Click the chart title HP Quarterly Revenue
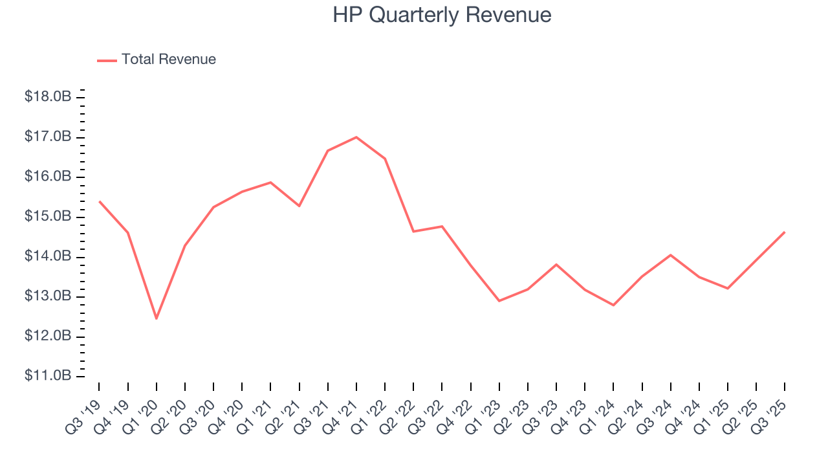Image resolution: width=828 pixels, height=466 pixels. click(x=442, y=15)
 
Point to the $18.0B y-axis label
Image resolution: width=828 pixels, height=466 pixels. click(x=48, y=97)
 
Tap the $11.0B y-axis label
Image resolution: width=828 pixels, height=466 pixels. click(x=48, y=376)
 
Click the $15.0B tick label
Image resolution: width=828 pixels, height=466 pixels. click(x=48, y=217)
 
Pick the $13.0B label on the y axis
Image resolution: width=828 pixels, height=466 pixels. click(x=48, y=296)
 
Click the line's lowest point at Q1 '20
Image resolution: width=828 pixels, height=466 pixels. click(x=157, y=318)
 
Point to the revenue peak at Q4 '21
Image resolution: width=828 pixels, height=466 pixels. click(x=356, y=137)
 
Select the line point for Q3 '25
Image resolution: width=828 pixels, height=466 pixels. click(x=785, y=232)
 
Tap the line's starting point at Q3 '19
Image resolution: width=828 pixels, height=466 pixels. click(x=99, y=201)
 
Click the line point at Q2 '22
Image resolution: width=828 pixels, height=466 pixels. click(x=413, y=231)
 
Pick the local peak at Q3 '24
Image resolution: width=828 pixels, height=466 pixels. click(x=671, y=255)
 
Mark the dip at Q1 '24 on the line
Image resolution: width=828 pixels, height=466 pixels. click(x=613, y=305)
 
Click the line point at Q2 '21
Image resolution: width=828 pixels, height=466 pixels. click(x=299, y=206)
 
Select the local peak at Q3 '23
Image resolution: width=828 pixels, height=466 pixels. click(x=556, y=264)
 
